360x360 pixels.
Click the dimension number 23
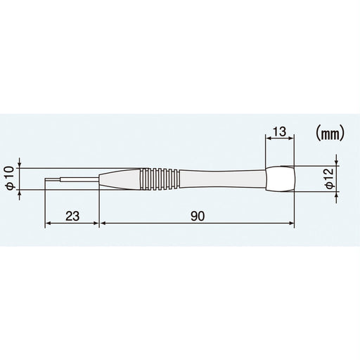tap(72, 216)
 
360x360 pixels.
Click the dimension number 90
tap(197, 216)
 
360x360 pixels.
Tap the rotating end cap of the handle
tap(281, 180)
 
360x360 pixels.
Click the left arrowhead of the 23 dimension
tap(49, 224)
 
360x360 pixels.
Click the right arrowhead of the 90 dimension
tap(292, 224)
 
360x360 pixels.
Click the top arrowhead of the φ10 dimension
tap(20, 168)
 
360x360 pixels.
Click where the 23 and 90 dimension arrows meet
tap(100, 224)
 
